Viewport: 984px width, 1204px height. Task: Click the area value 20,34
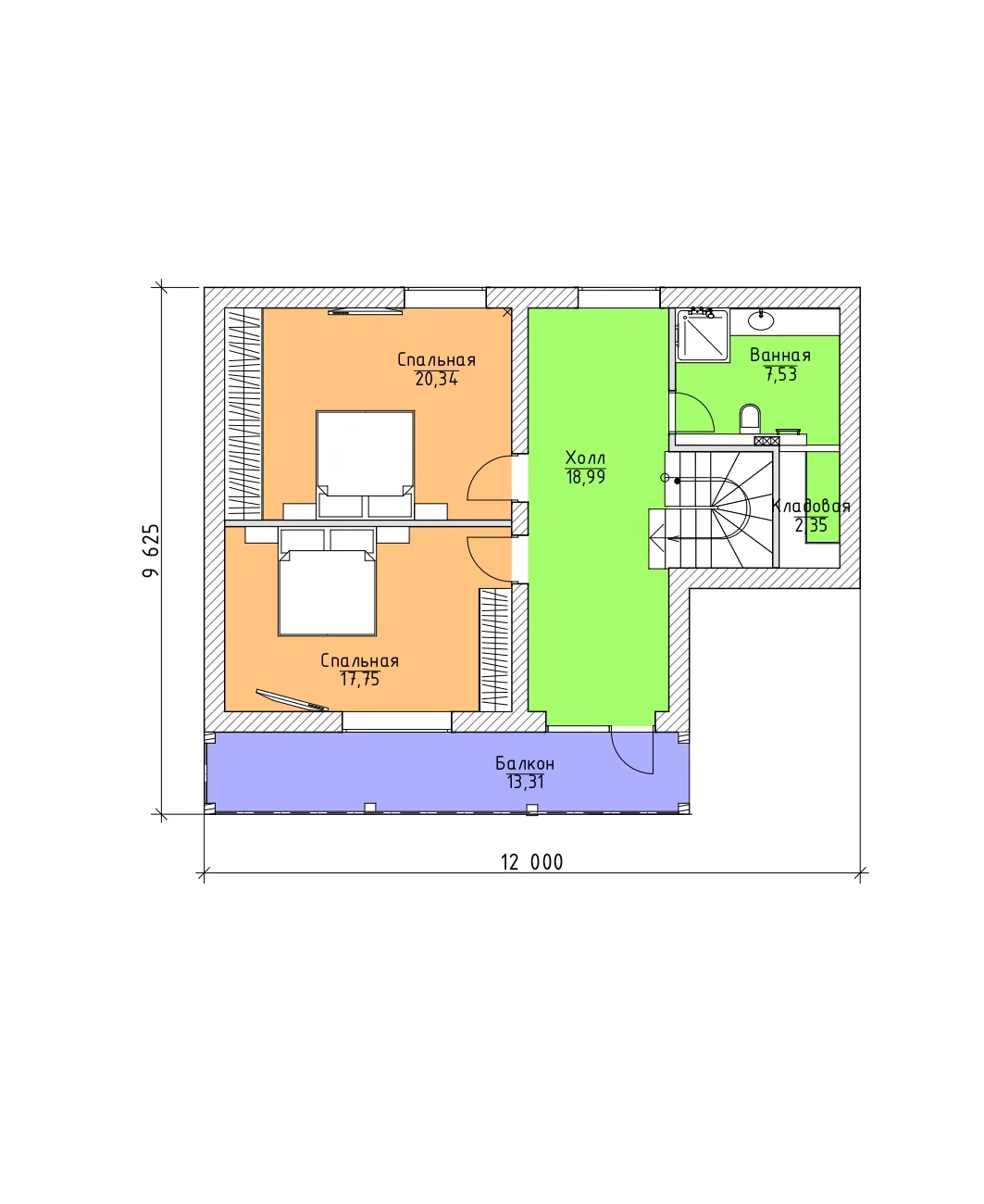coord(436,379)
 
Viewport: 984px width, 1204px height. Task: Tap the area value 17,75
coord(359,680)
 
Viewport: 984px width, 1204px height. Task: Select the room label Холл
coord(585,458)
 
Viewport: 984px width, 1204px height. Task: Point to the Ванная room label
coord(779,355)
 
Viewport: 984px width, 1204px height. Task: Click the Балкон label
coord(525,763)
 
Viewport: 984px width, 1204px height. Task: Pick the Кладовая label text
coord(811,507)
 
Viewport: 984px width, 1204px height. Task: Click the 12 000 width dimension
coord(532,862)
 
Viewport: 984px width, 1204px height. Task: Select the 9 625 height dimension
coord(151,550)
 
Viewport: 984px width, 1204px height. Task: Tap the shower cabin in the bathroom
coord(704,335)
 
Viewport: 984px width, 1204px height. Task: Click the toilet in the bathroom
coord(750,419)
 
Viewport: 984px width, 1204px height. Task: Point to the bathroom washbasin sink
coord(761,320)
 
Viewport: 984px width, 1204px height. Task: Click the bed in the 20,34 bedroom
coord(366,465)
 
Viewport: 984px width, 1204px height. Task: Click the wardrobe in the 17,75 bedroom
coord(495,650)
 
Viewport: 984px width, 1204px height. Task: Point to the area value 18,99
coord(586,477)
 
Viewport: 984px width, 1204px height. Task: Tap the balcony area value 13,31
coord(525,783)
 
